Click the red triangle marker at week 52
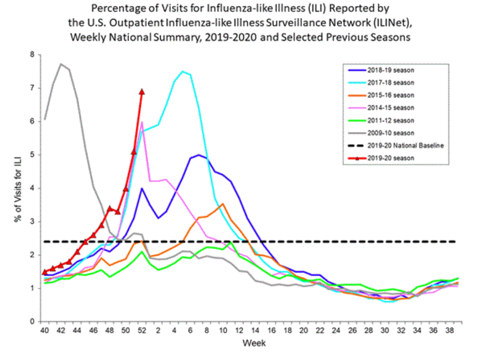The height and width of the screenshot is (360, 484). (142, 92)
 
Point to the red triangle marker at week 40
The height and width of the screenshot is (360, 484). (45, 272)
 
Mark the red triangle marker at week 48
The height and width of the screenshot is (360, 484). (110, 208)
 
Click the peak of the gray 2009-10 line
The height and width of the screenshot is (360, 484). (61, 64)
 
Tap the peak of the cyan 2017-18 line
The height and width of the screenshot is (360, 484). (182, 71)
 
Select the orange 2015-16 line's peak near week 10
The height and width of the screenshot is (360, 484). (222, 204)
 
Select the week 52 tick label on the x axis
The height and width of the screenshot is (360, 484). (142, 329)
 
